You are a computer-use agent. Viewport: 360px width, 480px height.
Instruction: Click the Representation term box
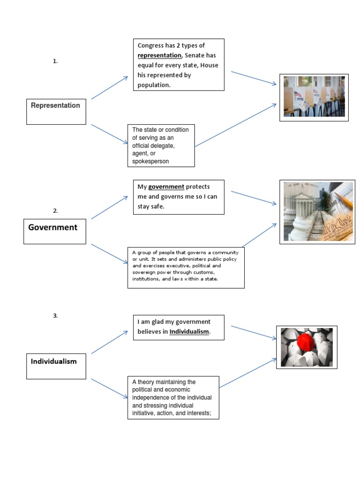pyautogui.click(x=56, y=111)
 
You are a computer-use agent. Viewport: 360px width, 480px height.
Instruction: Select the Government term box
pyautogui.click(x=54, y=231)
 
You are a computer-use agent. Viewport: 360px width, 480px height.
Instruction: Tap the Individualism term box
pyautogui.click(x=56, y=366)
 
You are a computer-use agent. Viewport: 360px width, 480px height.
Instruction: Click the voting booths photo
pyautogui.click(x=314, y=97)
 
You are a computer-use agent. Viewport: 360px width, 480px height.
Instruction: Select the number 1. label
pyautogui.click(x=55, y=61)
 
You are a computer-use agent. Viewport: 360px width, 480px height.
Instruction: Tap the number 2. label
pyautogui.click(x=55, y=211)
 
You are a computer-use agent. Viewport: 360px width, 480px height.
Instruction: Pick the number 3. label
pyautogui.click(x=55, y=316)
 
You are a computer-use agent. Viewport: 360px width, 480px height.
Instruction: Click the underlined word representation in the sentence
pyautogui.click(x=159, y=55)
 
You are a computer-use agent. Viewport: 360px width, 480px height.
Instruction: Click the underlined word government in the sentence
pyautogui.click(x=166, y=187)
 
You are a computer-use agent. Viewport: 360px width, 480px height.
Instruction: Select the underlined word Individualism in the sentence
pyautogui.click(x=189, y=331)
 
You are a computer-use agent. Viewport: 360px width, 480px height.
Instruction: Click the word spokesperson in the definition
pyautogui.click(x=150, y=161)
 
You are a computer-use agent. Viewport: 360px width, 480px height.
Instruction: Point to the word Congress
pyautogui.click(x=151, y=45)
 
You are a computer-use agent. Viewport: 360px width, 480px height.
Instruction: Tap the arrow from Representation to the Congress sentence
pyautogui.click(x=110, y=88)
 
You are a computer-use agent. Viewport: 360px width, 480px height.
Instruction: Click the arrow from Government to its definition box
pyautogui.click(x=110, y=254)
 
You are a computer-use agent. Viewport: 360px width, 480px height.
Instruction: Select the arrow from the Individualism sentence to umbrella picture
pyautogui.click(x=254, y=332)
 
